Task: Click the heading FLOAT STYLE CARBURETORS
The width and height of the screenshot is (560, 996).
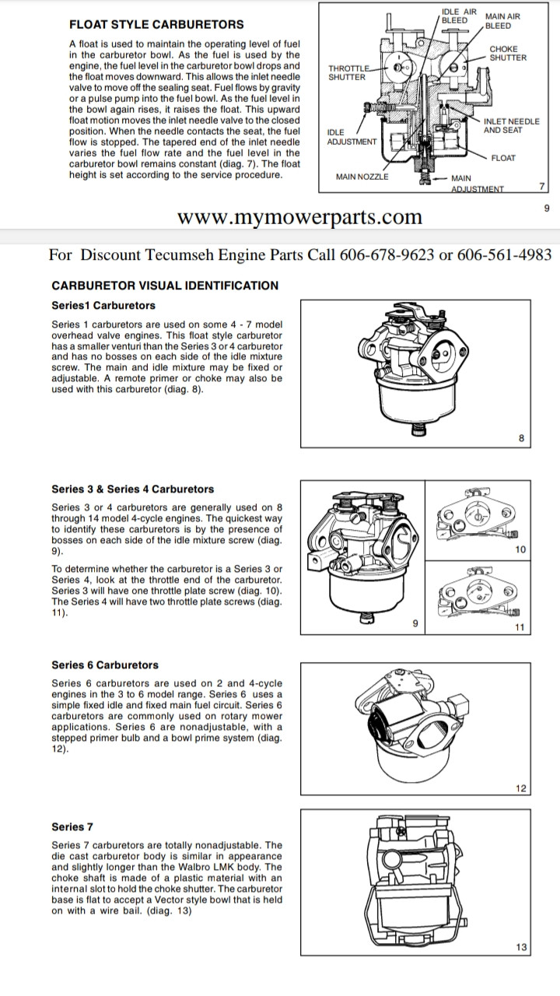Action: pyautogui.click(x=156, y=24)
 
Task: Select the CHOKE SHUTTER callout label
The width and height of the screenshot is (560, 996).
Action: pyautogui.click(x=508, y=53)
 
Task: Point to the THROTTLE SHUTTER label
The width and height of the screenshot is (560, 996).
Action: pyautogui.click(x=347, y=72)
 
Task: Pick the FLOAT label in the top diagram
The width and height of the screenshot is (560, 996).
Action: pyautogui.click(x=503, y=158)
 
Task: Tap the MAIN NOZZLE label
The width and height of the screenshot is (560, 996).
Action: pyautogui.click(x=362, y=177)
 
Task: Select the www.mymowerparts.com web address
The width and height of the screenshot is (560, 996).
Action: pyautogui.click(x=300, y=217)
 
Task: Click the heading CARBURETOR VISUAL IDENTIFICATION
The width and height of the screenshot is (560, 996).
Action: pyautogui.click(x=164, y=286)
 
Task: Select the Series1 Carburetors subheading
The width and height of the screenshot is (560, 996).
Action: pyautogui.click(x=103, y=305)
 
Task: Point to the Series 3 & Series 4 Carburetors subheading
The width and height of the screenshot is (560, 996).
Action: pyautogui.click(x=132, y=489)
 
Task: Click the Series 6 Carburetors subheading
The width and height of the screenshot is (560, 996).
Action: pyautogui.click(x=104, y=665)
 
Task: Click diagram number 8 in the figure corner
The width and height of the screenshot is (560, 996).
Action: pyautogui.click(x=521, y=439)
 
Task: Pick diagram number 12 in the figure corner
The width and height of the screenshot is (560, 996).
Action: pyautogui.click(x=520, y=788)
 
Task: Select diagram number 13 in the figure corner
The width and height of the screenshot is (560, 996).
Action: pyautogui.click(x=520, y=947)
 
